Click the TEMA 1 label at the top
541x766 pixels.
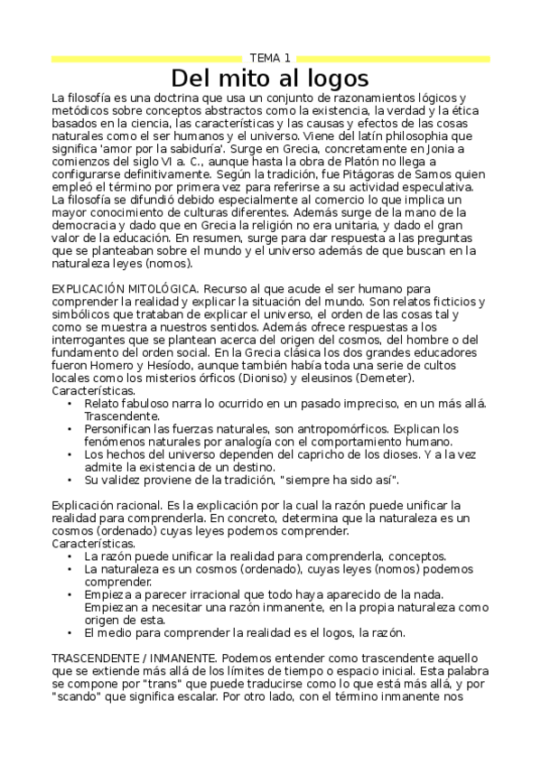270,58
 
